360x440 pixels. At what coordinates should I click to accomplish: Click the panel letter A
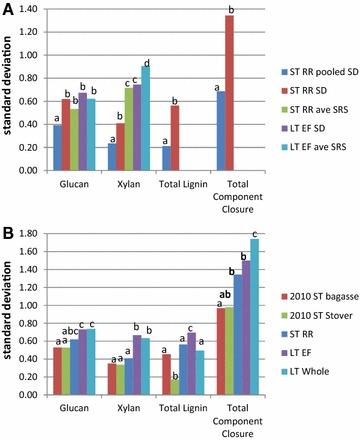7,9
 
